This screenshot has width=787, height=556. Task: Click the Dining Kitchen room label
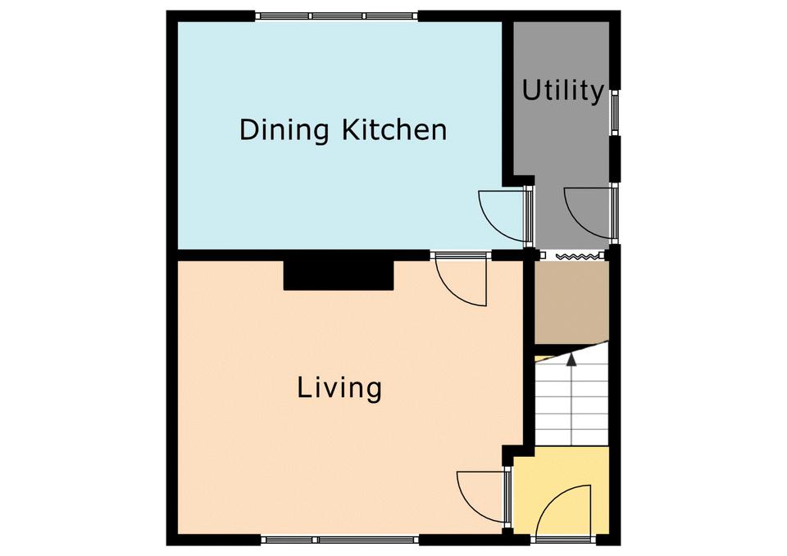pyautogui.click(x=343, y=129)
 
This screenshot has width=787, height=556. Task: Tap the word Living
pyautogui.click(x=339, y=389)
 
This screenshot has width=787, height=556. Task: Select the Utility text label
pyautogui.click(x=562, y=91)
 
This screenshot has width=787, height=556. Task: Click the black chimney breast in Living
pyautogui.click(x=339, y=275)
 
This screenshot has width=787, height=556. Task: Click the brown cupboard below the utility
pyautogui.click(x=571, y=302)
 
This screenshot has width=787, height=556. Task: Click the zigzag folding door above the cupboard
pyautogui.click(x=578, y=256)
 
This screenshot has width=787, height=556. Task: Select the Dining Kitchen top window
pyautogui.click(x=336, y=16)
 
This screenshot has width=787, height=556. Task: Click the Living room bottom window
pyautogui.click(x=339, y=540)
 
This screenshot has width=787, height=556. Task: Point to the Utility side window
pyautogui.click(x=614, y=113)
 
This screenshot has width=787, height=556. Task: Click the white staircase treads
pyautogui.click(x=571, y=401)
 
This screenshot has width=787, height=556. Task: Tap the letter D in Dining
pyautogui.click(x=249, y=130)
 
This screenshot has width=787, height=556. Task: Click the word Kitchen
pyautogui.click(x=394, y=129)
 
